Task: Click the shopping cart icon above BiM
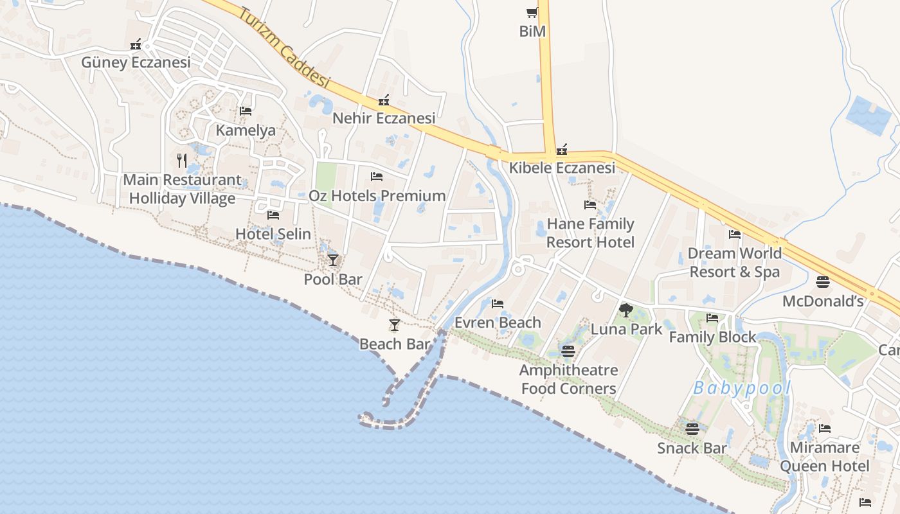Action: point(532,12)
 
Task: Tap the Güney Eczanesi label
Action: point(136,62)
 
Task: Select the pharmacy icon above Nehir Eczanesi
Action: point(384,100)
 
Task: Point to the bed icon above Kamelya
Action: point(245,111)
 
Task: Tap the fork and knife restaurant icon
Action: point(182,160)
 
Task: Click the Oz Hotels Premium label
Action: point(377,195)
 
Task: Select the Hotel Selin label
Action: point(273,234)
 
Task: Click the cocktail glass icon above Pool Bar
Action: point(332,260)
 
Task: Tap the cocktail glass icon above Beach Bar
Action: point(395,325)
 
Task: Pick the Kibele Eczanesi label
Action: point(562,168)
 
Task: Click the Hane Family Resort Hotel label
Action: point(590,233)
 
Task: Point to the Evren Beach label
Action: point(498,323)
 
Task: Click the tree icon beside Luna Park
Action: point(625,311)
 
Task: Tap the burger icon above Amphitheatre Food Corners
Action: point(568,351)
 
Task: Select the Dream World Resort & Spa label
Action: point(735,262)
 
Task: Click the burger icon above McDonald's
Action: point(823,282)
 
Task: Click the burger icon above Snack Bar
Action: point(692,429)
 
